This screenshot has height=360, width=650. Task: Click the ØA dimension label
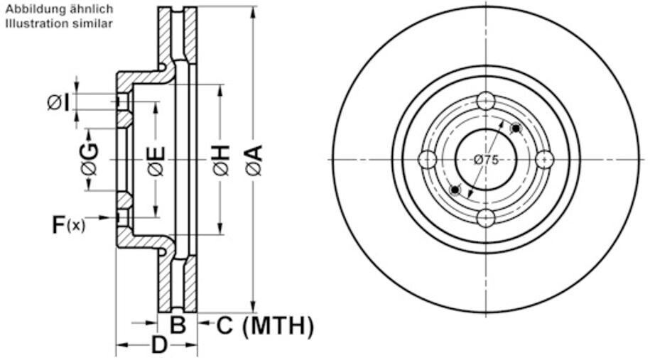click(x=254, y=160)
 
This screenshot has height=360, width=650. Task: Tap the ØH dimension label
click(x=221, y=160)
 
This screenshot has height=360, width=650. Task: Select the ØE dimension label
click(x=156, y=160)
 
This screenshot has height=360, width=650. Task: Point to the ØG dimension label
click(x=89, y=159)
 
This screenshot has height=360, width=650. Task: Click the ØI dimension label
click(x=58, y=103)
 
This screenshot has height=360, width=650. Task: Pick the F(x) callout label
click(x=67, y=225)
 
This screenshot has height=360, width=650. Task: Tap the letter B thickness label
click(x=178, y=326)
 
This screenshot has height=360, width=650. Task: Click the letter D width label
click(x=159, y=346)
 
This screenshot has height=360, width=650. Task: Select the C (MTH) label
click(x=264, y=326)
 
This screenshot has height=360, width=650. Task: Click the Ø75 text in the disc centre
click(x=486, y=160)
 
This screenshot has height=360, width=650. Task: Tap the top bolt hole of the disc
click(x=486, y=102)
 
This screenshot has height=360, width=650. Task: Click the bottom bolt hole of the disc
click(x=486, y=217)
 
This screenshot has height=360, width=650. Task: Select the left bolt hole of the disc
click(x=428, y=160)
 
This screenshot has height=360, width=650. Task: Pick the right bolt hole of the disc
click(x=544, y=159)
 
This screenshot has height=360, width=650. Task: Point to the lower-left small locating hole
click(x=455, y=190)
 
